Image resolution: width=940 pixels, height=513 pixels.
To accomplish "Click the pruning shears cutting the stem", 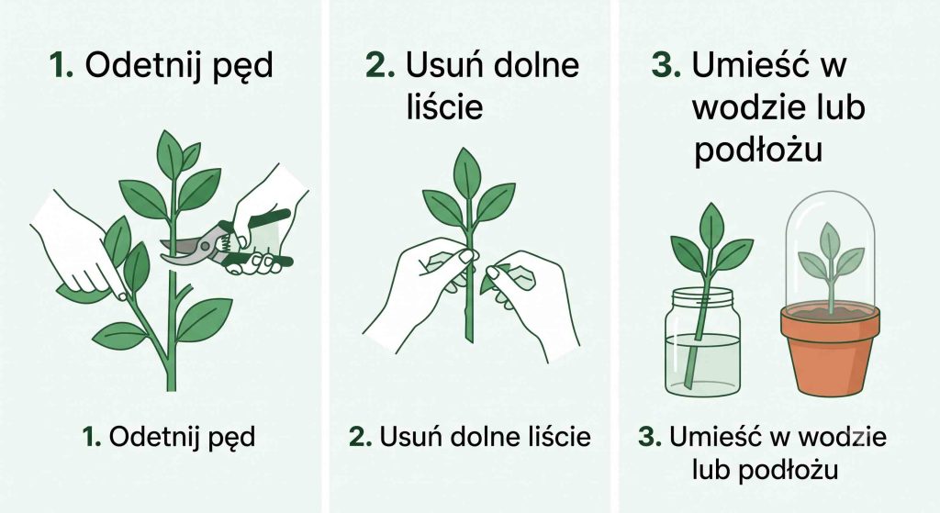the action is point(222,242).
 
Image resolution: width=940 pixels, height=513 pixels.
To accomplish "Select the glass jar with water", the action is point(702,341).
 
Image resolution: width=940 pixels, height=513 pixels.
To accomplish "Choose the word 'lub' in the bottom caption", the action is point(711,470).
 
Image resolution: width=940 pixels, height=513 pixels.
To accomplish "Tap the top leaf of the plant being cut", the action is point(170,154).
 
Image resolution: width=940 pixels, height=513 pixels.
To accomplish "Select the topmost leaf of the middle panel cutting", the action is point(467,172).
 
